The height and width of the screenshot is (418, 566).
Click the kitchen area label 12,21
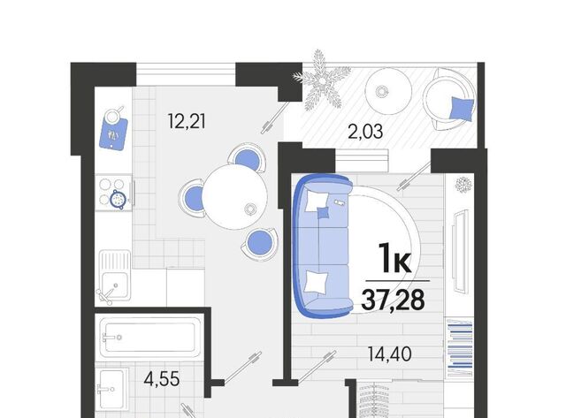187,121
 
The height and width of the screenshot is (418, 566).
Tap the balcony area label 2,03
365,132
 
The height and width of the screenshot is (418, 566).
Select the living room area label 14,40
389,353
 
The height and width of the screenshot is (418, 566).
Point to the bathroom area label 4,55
161,379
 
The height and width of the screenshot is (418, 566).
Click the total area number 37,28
393,300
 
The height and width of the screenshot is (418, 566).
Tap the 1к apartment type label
394,257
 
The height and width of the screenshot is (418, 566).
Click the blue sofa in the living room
322,247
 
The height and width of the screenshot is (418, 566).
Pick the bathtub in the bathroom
149,338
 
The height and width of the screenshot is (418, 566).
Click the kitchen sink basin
114,285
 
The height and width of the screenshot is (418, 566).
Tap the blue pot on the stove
118,199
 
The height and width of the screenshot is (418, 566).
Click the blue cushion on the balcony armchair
462,109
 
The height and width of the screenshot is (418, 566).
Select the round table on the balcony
388,91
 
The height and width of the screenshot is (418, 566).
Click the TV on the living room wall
460,251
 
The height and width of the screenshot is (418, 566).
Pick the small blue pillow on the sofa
323,213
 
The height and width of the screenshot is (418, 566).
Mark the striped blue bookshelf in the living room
460,347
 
